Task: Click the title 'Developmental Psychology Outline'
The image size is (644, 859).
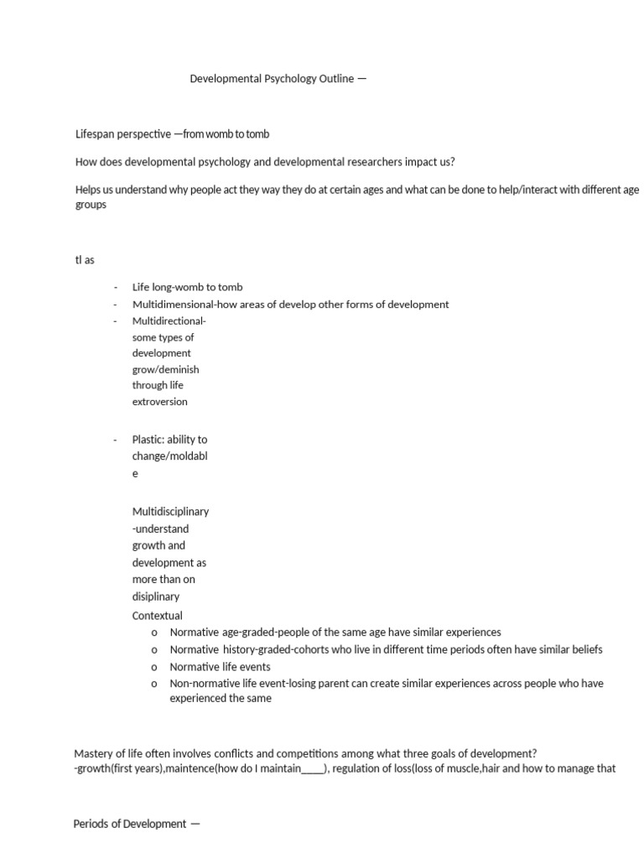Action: pyautogui.click(x=272, y=80)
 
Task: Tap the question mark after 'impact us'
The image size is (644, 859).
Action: pyautogui.click(x=452, y=162)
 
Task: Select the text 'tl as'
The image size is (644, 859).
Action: pyautogui.click(x=85, y=260)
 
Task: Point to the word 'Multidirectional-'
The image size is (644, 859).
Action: pyautogui.click(x=169, y=321)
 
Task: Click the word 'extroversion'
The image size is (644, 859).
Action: pyautogui.click(x=159, y=402)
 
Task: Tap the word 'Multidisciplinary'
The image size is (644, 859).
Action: pyautogui.click(x=170, y=512)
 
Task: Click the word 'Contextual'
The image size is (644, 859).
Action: pyautogui.click(x=157, y=616)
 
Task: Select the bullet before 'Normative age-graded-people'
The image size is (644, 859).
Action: pyautogui.click(x=154, y=633)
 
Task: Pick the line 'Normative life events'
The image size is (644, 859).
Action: pyautogui.click(x=220, y=667)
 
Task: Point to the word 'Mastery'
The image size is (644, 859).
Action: pyautogui.click(x=93, y=753)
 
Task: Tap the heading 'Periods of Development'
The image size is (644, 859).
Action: pyautogui.click(x=130, y=824)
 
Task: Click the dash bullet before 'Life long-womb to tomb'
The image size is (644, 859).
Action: pyautogui.click(x=115, y=288)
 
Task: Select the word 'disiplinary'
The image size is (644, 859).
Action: pyautogui.click(x=156, y=597)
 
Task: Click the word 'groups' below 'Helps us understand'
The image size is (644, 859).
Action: pyautogui.click(x=91, y=206)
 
